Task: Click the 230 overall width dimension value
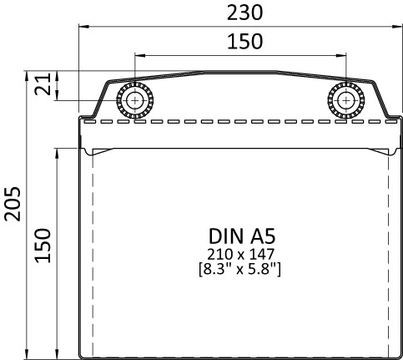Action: click(241, 12)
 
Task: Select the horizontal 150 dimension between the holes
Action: click(241, 41)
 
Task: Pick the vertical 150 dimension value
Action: click(43, 246)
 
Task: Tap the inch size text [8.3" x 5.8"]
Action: click(240, 268)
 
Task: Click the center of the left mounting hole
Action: click(135, 99)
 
